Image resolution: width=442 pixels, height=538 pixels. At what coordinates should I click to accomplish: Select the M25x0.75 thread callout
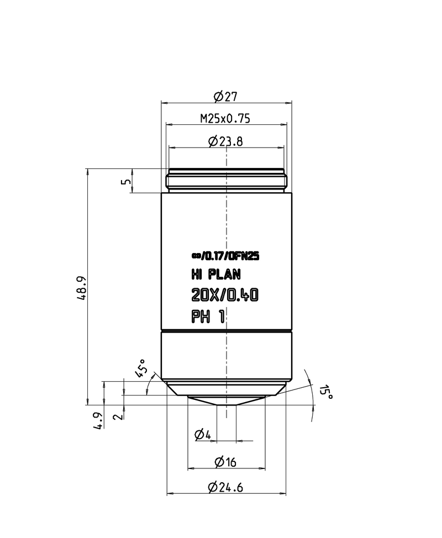(225, 119)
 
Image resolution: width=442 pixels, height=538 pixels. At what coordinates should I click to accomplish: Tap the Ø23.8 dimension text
(225, 142)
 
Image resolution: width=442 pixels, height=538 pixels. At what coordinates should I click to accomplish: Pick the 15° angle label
(326, 393)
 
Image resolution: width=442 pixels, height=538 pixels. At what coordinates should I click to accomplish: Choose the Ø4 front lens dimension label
(203, 435)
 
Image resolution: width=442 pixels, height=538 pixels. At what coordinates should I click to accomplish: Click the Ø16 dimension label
(225, 462)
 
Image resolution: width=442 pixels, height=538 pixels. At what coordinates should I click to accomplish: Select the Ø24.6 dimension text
(225, 487)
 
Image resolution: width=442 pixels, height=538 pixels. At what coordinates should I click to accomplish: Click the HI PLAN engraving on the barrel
(215, 275)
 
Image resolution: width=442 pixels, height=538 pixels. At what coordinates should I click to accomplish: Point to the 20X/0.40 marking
(224, 296)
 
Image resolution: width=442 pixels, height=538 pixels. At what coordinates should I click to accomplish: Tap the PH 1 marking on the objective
(209, 317)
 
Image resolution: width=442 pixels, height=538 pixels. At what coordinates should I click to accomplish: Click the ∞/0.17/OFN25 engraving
(225, 256)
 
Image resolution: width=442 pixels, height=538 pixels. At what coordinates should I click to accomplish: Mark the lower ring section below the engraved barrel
(226, 356)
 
